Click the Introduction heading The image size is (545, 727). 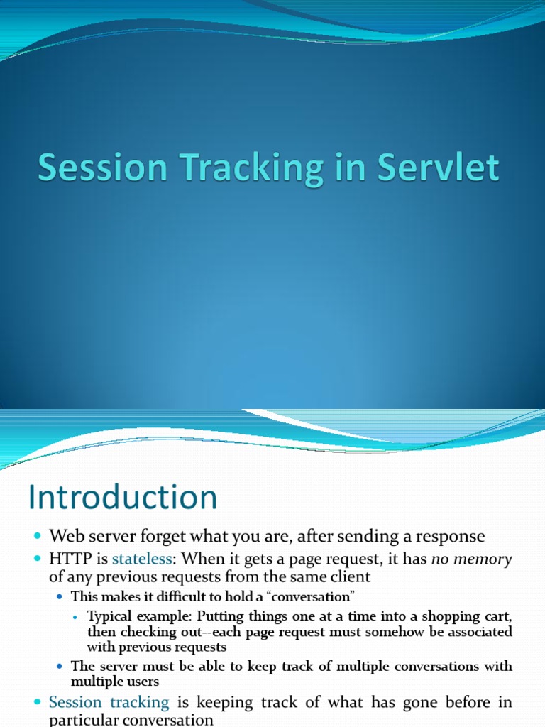(x=122, y=497)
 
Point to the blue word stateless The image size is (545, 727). (x=142, y=559)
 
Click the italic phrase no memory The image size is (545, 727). (x=471, y=559)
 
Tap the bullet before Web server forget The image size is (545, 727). (x=38, y=537)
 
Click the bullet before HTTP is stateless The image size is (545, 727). (x=38, y=560)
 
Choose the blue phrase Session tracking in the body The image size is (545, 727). (x=109, y=703)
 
